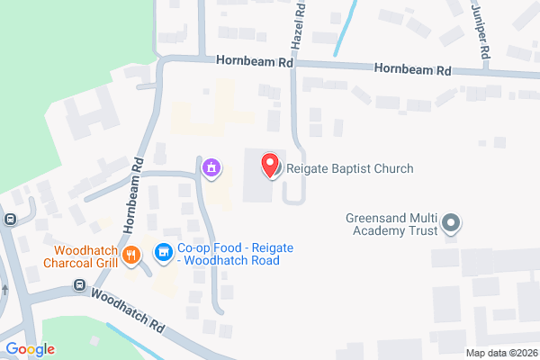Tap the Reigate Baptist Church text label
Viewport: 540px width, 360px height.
point(349,168)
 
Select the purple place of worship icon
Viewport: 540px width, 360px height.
point(211,167)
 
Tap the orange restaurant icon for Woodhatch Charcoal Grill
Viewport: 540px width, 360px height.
point(131,255)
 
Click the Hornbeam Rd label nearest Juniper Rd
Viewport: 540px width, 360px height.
point(413,68)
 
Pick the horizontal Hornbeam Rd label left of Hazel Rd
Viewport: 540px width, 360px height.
point(255,64)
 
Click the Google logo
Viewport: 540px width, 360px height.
point(30,349)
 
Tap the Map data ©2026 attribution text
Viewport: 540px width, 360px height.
point(500,353)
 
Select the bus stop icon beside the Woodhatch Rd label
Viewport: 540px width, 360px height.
point(79,286)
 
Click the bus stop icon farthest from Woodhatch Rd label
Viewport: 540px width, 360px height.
point(10,219)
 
